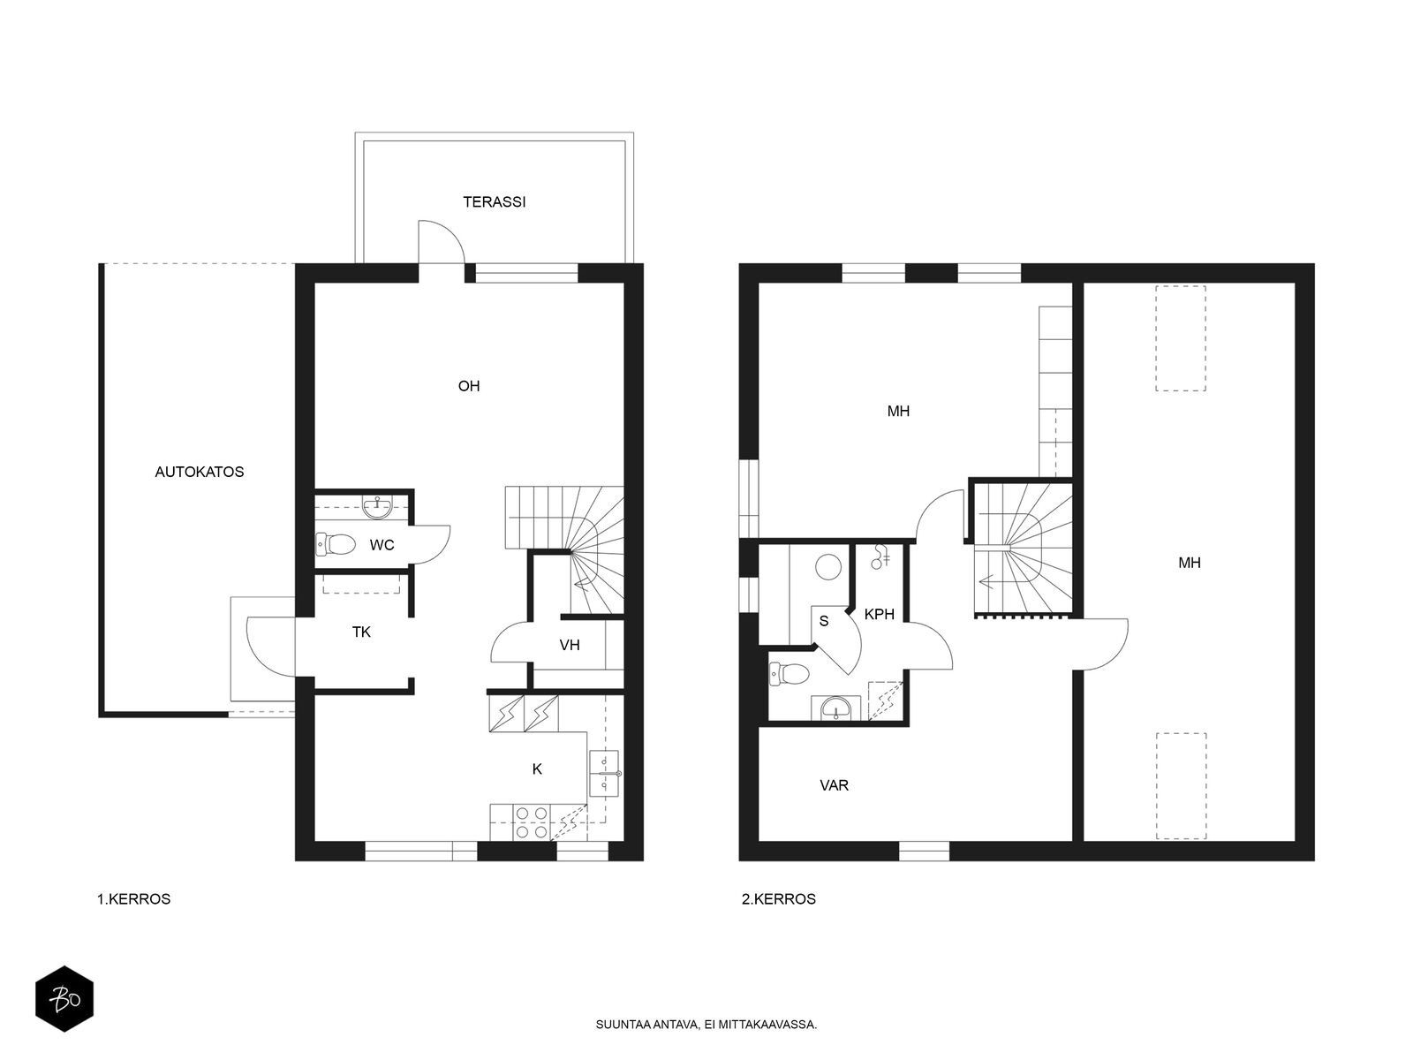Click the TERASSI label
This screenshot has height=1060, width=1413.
click(x=494, y=202)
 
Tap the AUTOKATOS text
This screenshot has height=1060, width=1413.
click(x=200, y=472)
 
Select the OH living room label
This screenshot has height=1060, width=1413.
click(x=469, y=386)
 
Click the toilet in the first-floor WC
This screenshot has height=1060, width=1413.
click(x=336, y=544)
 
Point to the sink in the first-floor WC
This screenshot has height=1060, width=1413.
click(x=376, y=507)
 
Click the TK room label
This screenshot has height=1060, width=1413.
click(x=361, y=632)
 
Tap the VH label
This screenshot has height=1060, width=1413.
click(x=570, y=645)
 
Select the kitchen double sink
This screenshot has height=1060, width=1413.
click(x=604, y=773)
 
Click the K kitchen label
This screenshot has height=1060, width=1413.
click(x=537, y=769)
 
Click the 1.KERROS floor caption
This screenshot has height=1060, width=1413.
click(x=134, y=899)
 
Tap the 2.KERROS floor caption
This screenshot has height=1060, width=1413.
click(x=779, y=899)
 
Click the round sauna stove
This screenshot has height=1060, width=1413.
click(x=828, y=567)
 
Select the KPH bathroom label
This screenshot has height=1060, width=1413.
click(x=880, y=615)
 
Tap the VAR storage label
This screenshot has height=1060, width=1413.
click(x=835, y=786)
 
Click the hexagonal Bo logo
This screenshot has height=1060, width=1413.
click(x=64, y=999)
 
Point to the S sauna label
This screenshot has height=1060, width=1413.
click(x=823, y=621)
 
